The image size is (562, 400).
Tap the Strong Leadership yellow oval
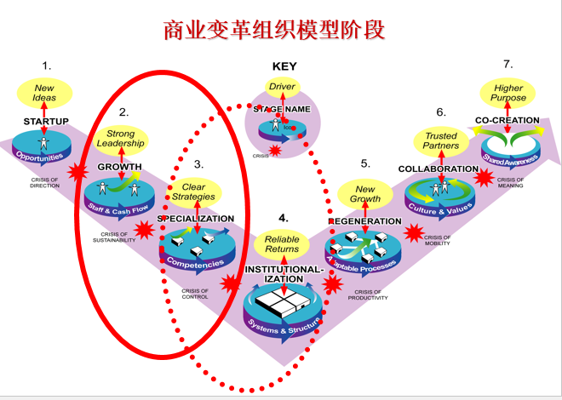[120, 139]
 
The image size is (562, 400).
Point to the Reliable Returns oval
[282, 243]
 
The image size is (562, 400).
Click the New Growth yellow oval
[365, 194]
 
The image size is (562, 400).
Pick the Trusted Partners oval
[440, 140]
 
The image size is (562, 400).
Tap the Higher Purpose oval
[508, 91]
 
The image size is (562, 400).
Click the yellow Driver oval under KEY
[282, 87]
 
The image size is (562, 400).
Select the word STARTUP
[46, 122]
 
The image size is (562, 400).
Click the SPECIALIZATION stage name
[196, 218]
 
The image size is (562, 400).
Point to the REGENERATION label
[365, 221]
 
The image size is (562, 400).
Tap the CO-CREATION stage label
[508, 120]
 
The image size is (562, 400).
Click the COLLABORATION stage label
[439, 169]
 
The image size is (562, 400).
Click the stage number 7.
[508, 64]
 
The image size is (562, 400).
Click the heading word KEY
[284, 66]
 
